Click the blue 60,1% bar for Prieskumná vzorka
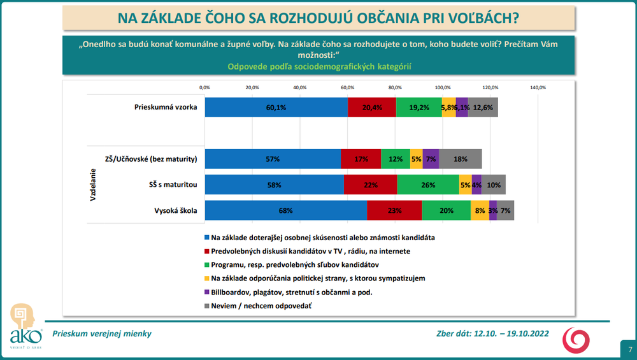(276, 107)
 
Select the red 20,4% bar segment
(372, 107)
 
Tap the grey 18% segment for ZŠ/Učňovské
(461, 159)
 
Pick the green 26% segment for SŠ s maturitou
(427, 185)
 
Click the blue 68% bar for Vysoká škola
(285, 210)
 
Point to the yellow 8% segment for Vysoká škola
(480, 210)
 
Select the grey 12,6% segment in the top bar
(483, 107)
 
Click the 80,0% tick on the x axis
(395, 87)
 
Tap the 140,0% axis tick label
(538, 87)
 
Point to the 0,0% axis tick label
(204, 87)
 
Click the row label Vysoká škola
(175, 210)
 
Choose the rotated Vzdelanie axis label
(92, 185)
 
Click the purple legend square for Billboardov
(206, 292)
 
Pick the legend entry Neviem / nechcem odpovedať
(261, 306)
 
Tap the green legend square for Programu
(206, 264)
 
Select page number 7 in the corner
(629, 349)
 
